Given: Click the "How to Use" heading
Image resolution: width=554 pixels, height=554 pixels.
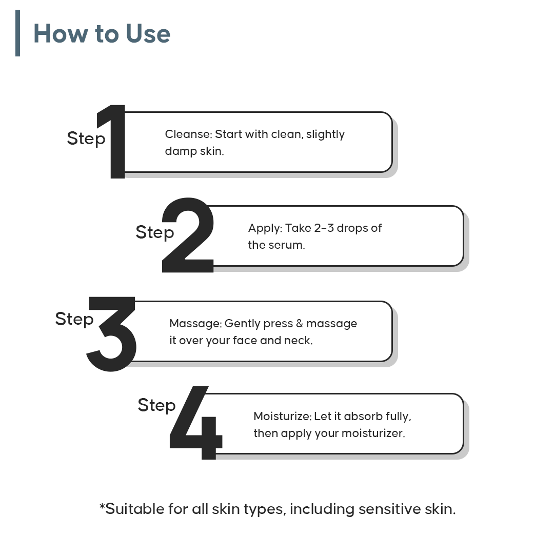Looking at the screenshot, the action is tap(102, 33).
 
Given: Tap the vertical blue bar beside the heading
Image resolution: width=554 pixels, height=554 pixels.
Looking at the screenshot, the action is tap(17, 33).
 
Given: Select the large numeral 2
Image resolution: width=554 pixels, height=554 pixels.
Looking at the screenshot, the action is tap(188, 235).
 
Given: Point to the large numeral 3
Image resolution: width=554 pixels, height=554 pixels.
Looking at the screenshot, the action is tap(111, 334).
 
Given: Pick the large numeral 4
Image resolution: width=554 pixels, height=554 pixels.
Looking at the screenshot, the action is tap(196, 423).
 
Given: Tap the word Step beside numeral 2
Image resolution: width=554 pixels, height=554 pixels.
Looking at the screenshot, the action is tap(155, 233).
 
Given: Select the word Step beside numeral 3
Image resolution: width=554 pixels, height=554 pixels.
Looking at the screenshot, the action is tap(74, 320).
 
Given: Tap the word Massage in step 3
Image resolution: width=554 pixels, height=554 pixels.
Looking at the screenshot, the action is tap(195, 324).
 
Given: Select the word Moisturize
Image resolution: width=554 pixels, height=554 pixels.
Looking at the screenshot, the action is tap(282, 416).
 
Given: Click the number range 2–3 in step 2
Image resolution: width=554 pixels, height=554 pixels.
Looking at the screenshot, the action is tap(324, 228).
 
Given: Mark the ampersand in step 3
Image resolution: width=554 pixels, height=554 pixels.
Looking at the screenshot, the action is tap(299, 323).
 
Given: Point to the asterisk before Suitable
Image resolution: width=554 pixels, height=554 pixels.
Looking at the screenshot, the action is tap(102, 507).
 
